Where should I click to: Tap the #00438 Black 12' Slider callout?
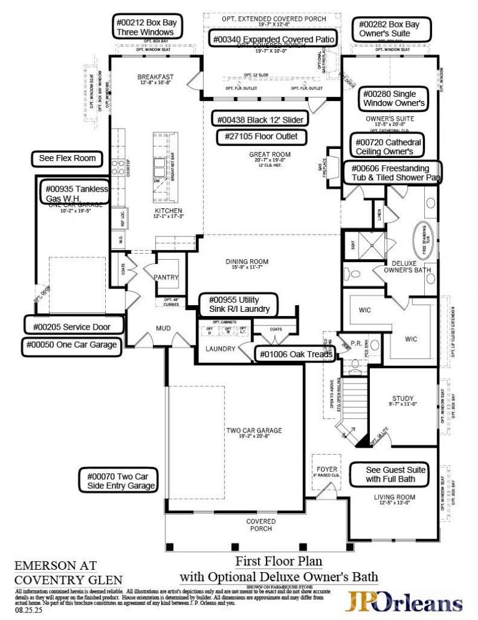pos(261,119)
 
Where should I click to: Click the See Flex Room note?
pos(68,159)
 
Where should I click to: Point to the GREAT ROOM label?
pos(270,155)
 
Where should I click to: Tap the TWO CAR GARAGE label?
pos(253,430)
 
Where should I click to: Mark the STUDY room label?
pos(403,399)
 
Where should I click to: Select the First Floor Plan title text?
pos(278,562)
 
